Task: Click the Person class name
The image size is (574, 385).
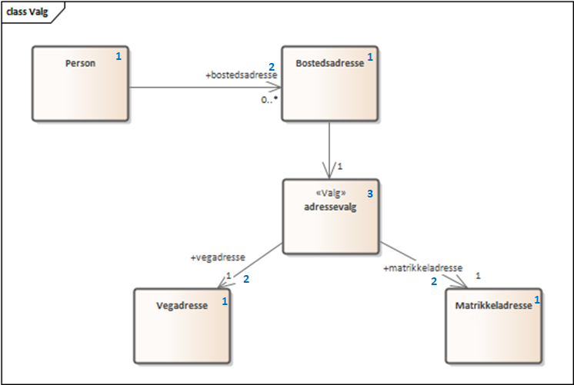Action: (80, 63)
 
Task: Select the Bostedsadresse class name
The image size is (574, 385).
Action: (330, 63)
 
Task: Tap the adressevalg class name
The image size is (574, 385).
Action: (330, 207)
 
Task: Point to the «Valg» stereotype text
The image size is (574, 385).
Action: (331, 193)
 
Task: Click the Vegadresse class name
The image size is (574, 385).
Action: (182, 306)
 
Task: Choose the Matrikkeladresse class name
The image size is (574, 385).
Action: (493, 306)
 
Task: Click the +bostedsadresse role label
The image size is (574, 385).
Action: (242, 75)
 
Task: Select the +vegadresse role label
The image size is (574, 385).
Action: (218, 257)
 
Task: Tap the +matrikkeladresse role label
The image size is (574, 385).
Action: (423, 268)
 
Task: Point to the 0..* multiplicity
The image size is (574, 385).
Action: (269, 99)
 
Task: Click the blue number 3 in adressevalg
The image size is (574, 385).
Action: (370, 194)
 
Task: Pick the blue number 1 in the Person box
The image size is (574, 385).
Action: (118, 56)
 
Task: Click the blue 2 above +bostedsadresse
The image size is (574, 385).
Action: (272, 67)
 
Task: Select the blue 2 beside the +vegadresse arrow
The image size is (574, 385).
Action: (246, 279)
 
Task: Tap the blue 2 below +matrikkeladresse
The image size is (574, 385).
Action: (434, 281)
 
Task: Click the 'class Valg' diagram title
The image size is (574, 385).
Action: (27, 12)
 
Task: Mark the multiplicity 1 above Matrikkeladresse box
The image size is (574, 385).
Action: (478, 276)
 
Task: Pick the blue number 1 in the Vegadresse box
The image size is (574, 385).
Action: (225, 301)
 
